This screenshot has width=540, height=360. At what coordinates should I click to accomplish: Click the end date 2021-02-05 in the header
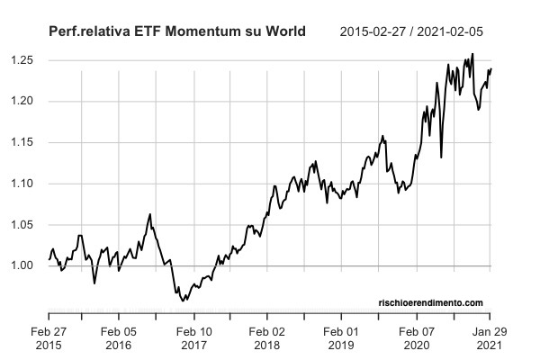coord(458,31)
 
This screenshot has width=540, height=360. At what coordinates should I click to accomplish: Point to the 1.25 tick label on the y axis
coord(22,60)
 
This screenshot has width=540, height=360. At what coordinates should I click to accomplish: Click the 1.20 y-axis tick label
coord(22,102)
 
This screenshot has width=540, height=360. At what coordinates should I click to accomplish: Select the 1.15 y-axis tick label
coord(22,142)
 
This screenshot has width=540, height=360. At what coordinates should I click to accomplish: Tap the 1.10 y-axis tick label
coord(22,184)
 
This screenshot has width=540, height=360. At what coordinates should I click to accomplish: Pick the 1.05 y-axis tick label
coord(22,225)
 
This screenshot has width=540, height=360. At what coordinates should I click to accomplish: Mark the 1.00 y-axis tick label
coord(22,266)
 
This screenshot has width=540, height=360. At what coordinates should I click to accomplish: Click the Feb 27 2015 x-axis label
coord(49,337)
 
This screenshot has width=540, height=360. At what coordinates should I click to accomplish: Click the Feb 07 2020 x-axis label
coord(417,337)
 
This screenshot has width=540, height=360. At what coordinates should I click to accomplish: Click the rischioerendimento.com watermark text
coord(430,302)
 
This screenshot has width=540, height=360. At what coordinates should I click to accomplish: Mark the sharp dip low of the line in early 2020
coord(441,157)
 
